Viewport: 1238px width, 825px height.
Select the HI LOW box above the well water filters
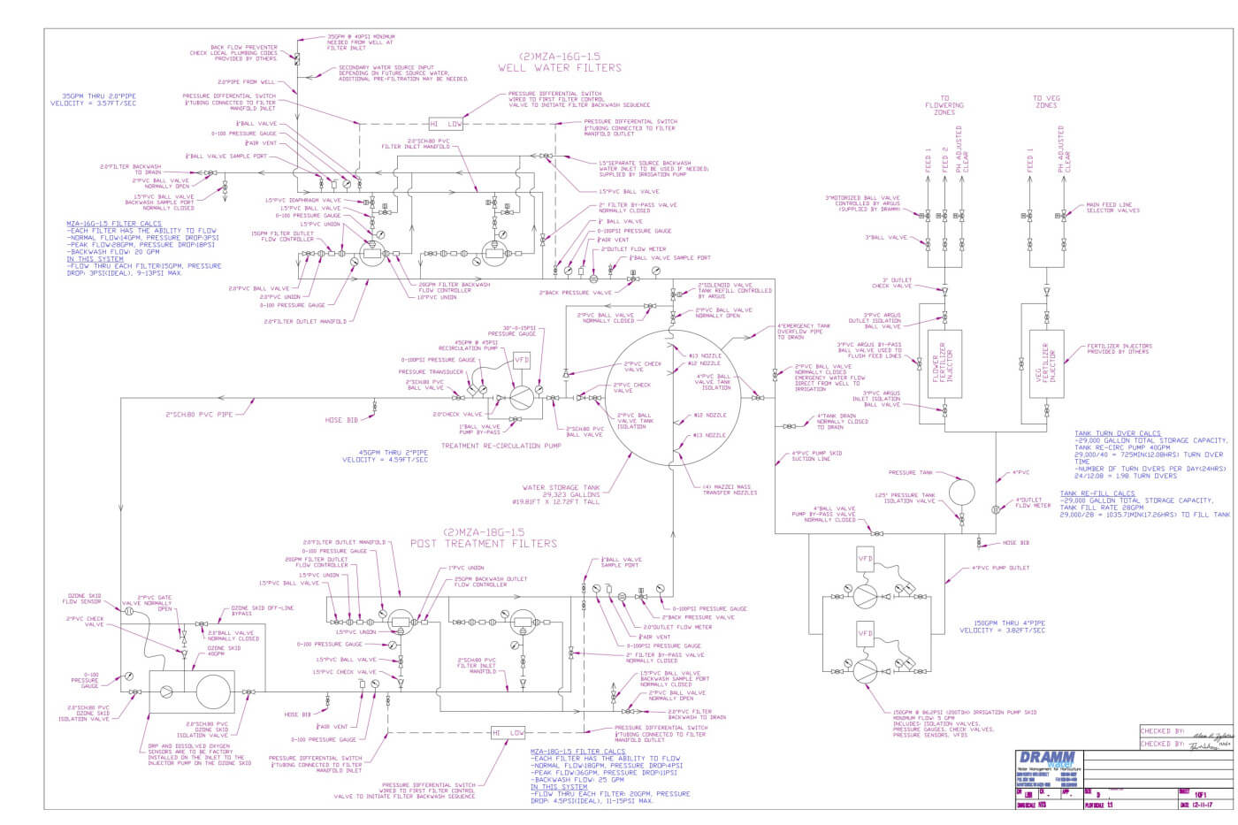446,123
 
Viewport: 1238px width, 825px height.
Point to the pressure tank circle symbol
960,491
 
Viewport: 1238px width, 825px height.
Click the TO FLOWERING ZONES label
944,105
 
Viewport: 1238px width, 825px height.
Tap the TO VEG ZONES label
1045,102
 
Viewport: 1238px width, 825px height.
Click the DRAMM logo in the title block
1048,759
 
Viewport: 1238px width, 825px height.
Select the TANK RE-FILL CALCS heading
1097,493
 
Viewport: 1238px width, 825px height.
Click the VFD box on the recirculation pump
523,361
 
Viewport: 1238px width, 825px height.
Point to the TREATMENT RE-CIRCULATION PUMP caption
501,446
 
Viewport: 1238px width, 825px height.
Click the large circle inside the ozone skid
212,692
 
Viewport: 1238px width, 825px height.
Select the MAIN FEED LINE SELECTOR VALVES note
1112,208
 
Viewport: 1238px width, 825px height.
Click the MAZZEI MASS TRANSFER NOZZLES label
730,490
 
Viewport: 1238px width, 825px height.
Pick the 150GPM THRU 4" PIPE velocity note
1002,627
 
